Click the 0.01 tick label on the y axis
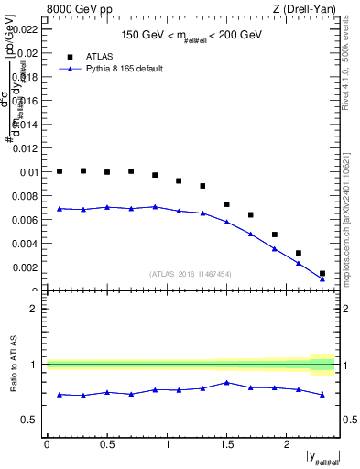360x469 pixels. [27, 172]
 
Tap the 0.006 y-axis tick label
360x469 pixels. [25, 220]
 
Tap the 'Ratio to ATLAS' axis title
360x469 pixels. [11, 365]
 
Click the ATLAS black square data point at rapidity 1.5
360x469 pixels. [226, 204]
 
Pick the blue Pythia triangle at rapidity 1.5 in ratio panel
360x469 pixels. [226, 382]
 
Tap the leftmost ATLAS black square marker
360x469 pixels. [60, 171]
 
